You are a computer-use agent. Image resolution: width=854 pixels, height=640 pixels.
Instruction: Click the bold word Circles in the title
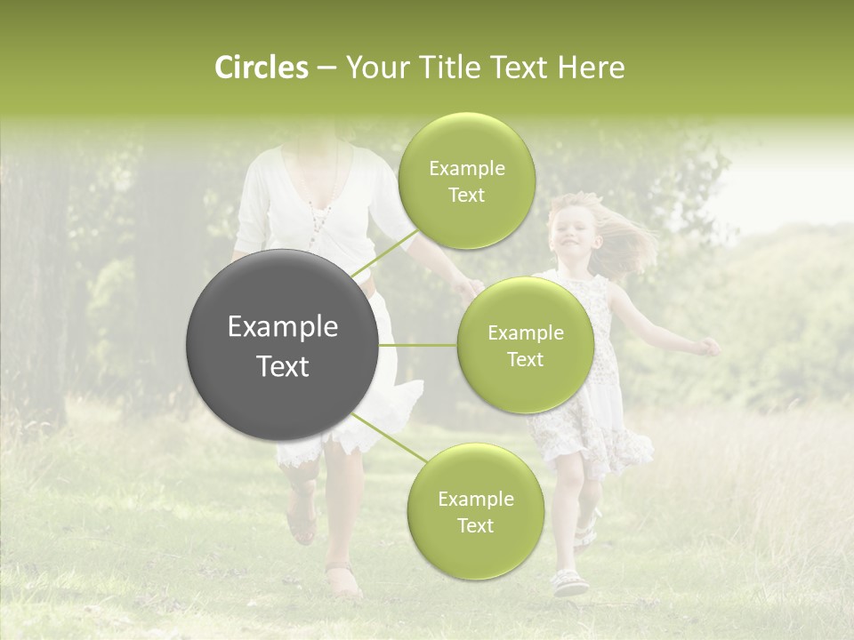261,68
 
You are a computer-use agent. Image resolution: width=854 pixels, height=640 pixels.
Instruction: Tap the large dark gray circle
283,345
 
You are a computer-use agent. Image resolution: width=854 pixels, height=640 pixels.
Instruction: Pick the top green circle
465,180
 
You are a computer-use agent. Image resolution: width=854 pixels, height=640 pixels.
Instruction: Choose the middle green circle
525,345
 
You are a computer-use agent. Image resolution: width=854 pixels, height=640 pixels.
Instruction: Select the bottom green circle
475,511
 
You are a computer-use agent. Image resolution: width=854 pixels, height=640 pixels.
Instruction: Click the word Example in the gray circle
283,327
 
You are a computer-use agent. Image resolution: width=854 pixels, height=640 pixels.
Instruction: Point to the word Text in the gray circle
283,366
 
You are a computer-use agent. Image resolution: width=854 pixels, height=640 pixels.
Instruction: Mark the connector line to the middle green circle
418,345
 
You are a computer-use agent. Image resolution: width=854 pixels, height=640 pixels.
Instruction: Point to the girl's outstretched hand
709,347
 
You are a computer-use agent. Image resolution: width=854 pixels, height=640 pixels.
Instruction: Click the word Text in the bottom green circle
475,525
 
